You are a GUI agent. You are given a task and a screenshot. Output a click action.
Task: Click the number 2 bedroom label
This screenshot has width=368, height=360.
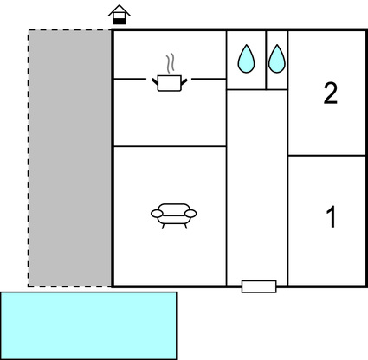click(x=331, y=93)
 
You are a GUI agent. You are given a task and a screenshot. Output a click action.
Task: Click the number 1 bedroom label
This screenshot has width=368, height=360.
click(x=332, y=216)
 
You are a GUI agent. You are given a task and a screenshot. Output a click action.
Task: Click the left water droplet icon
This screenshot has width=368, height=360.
click(x=246, y=59)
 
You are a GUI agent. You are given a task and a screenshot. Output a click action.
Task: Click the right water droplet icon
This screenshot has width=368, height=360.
click(x=277, y=59)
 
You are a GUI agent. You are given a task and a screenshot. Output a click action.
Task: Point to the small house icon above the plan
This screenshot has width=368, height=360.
click(x=119, y=15)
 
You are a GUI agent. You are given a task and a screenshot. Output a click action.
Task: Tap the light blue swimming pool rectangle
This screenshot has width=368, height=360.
click(x=88, y=325)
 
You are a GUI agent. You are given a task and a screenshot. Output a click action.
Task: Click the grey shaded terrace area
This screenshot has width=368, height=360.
click(x=69, y=158)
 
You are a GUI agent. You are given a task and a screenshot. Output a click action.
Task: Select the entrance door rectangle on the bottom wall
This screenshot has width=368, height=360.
click(x=259, y=286)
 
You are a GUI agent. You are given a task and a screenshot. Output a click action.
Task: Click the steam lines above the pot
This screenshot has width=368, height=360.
click(x=171, y=62)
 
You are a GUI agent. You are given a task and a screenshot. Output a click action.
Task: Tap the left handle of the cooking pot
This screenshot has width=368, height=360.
click(x=155, y=82)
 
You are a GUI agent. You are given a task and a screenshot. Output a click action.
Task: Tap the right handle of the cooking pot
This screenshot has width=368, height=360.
click(x=184, y=82)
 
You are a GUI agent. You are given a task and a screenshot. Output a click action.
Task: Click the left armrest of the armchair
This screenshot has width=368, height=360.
click(x=157, y=214)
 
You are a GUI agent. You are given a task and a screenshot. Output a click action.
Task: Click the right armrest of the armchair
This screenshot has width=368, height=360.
click(x=190, y=214)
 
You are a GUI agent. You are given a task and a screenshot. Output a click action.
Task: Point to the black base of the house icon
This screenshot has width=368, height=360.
click(x=119, y=21)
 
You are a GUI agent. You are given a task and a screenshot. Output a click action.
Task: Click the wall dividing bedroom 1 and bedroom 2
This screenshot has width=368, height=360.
click(x=326, y=156)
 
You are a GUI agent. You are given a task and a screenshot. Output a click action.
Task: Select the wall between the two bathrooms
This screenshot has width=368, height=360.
click(x=266, y=60)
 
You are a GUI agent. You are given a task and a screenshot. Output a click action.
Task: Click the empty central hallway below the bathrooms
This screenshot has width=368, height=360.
click(x=257, y=184)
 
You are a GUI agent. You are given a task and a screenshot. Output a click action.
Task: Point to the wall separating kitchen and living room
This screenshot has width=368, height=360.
click(x=170, y=146)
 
